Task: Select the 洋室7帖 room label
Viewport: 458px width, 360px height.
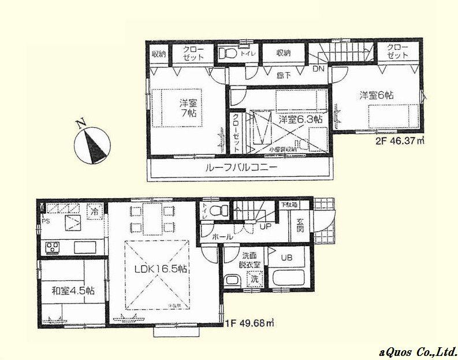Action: click(187, 108)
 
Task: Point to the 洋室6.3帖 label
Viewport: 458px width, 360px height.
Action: click(300, 120)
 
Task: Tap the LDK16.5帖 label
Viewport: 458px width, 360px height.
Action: click(159, 269)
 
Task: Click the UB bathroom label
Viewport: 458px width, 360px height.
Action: click(286, 258)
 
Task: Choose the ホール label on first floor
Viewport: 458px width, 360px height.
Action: click(222, 237)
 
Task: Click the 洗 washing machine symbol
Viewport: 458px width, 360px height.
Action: click(253, 279)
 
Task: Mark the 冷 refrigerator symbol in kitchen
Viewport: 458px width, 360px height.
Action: click(93, 211)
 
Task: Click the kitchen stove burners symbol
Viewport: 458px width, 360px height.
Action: click(54, 248)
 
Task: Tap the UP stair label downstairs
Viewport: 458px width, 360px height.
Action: click(266, 226)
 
